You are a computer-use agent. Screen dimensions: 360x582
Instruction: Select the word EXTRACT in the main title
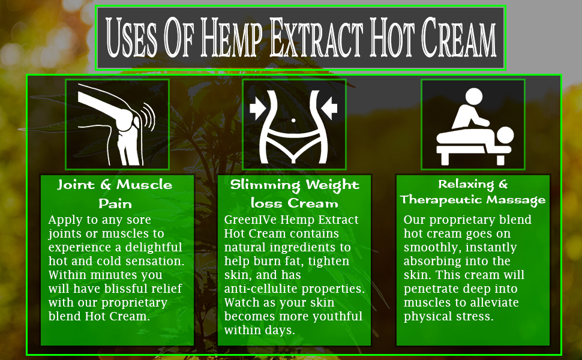point(329,38)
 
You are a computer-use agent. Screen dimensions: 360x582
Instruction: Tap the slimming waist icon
point(293,124)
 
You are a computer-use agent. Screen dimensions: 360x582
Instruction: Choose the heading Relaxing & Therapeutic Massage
point(473,191)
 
